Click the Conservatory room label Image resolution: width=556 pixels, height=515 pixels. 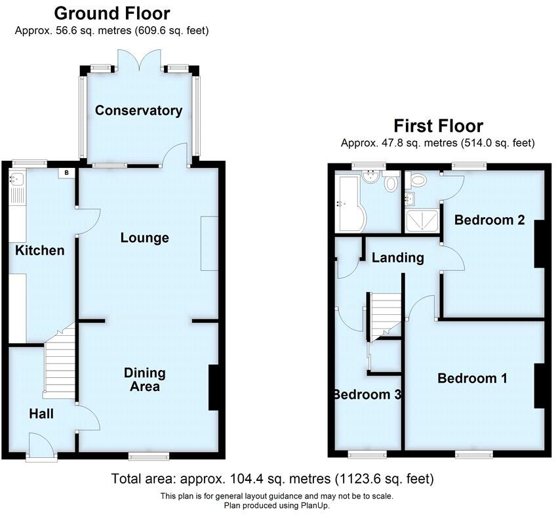pos(138,110)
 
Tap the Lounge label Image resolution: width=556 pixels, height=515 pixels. pos(144,237)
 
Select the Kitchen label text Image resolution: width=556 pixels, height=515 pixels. pos(41,250)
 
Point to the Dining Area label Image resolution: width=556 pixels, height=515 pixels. pos(145,379)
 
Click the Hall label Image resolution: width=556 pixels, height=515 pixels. pos(41,414)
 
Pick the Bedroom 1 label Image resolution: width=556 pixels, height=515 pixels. pos(472,378)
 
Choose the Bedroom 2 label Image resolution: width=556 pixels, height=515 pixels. pos(489,220)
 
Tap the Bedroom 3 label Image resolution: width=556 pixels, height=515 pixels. pos(367,394)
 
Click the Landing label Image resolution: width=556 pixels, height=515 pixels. pos(397,257)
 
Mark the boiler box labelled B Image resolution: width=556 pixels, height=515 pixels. pos(67,173)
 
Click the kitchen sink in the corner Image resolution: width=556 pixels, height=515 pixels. pos(16,178)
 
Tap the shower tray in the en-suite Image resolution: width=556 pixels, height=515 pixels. pos(422,221)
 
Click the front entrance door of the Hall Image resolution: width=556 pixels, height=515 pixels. pos(41,447)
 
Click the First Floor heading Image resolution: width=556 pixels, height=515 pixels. pos(438,125)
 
